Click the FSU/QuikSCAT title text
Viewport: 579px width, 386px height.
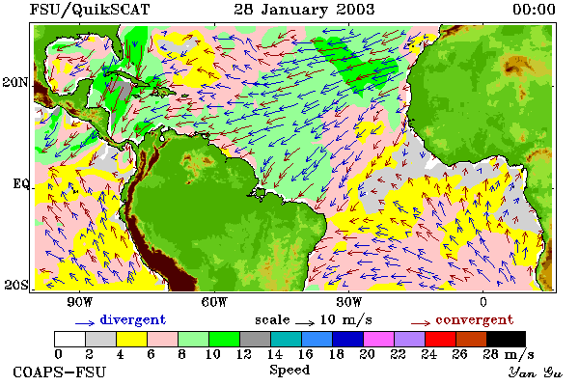pyautogui.click(x=90, y=10)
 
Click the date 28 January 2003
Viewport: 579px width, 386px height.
pyautogui.click(x=304, y=10)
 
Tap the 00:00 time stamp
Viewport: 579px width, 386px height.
pyautogui.click(x=534, y=10)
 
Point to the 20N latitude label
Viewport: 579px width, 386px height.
pyautogui.click(x=15, y=82)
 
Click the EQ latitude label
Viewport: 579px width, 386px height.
pyautogui.click(x=21, y=183)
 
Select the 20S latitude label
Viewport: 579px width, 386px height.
pyautogui.click(x=16, y=285)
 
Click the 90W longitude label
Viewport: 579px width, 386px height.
pyautogui.click(x=80, y=302)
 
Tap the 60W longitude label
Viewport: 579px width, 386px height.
pyautogui.click(x=214, y=302)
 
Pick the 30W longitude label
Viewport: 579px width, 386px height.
pyautogui.click(x=349, y=302)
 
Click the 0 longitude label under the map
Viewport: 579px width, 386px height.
pyautogui.click(x=483, y=302)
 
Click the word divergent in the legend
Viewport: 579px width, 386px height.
pyautogui.click(x=133, y=319)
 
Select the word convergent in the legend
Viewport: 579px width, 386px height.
pyautogui.click(x=475, y=319)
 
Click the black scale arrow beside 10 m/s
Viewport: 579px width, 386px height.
pyautogui.click(x=305, y=323)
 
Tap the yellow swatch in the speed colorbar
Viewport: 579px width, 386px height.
pyautogui.click(x=132, y=339)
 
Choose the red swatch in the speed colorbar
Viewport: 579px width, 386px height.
pyautogui.click(x=441, y=339)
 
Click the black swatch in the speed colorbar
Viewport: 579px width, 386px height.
pyautogui.click(x=506, y=339)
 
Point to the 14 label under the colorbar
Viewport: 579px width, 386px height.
pyautogui.click(x=275, y=354)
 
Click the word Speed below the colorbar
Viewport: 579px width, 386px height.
pyautogui.click(x=289, y=371)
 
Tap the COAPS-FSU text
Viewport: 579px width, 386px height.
pyautogui.click(x=60, y=372)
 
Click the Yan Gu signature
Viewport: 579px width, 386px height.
pyautogui.click(x=536, y=372)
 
